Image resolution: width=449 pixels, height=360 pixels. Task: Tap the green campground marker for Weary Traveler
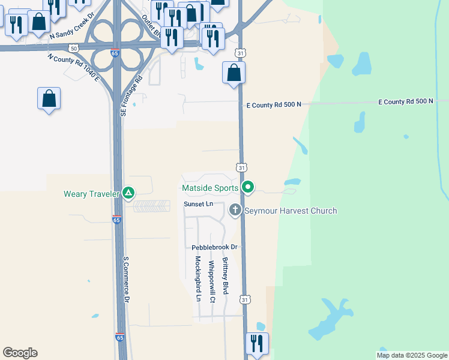pos(128,193)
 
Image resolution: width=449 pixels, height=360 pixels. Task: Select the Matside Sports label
pos(211,188)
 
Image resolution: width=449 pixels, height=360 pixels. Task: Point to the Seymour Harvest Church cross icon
pos(235,211)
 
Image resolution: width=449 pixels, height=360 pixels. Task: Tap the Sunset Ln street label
pos(199,205)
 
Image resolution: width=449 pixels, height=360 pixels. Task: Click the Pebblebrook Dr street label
pos(215,247)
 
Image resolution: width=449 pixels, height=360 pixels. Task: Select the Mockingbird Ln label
pos(197,278)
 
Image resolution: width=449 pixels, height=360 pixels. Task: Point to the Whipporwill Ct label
pos(211,281)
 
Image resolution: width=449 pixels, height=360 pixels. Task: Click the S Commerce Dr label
pos(127,280)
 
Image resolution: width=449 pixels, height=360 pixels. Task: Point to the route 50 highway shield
pos(73,48)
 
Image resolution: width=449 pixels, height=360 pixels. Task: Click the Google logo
pos(20,353)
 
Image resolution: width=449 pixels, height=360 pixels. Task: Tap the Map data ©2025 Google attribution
pos(412,355)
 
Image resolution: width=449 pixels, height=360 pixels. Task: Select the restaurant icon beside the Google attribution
pos(257,344)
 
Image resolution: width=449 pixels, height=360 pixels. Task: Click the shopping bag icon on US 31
pos(234,73)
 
